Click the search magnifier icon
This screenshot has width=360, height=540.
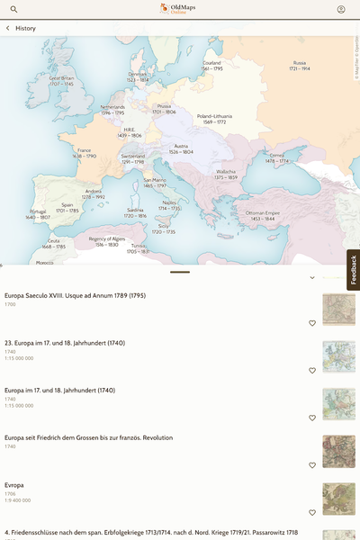[x=13, y=9]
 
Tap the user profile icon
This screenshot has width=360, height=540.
[x=341, y=9]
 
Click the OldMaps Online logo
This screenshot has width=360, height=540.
[x=179, y=9]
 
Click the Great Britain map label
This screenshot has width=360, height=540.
[x=61, y=80]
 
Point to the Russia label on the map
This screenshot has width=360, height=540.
[x=300, y=66]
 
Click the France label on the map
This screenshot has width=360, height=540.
[x=85, y=153]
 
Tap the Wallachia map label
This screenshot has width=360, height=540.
[x=226, y=174]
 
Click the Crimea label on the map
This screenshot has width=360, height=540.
[x=276, y=157]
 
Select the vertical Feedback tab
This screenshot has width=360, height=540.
[x=353, y=270]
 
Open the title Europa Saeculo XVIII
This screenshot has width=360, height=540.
[x=76, y=295]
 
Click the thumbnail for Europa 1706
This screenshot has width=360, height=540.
[x=338, y=499]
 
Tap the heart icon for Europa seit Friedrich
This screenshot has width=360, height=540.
[x=312, y=465]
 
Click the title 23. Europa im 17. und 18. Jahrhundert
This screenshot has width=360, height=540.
[x=65, y=343]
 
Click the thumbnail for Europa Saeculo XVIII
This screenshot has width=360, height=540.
[x=338, y=309]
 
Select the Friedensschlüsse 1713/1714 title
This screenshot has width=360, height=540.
[x=151, y=533]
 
